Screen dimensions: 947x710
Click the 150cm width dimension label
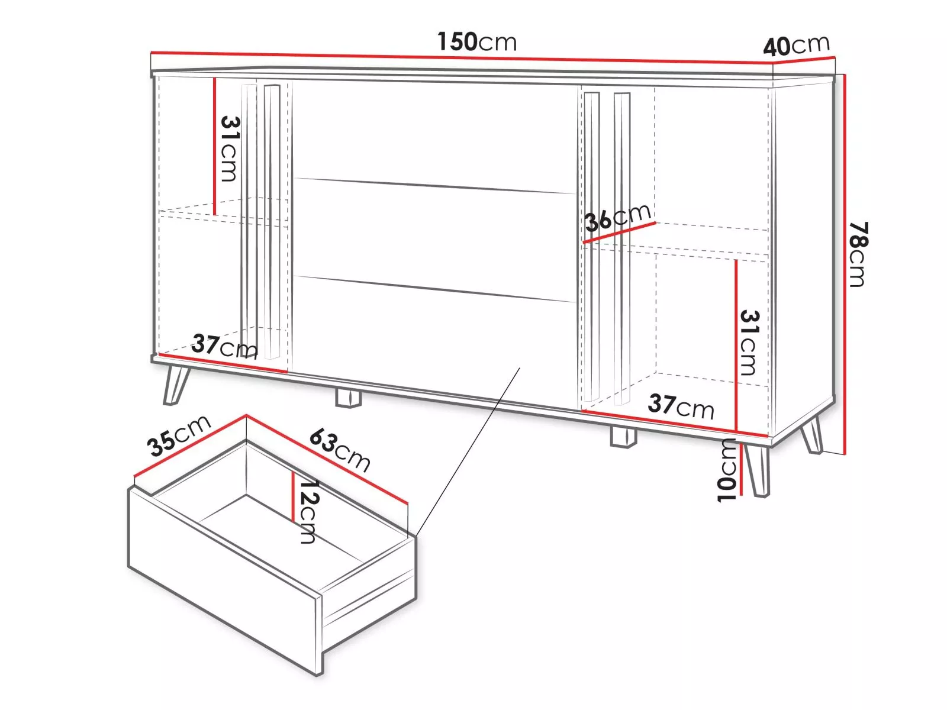point(476,42)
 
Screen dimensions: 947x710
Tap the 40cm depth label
point(796,46)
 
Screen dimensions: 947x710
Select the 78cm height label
point(858,254)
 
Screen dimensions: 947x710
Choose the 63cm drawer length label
point(340,450)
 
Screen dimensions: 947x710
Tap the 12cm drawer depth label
point(308,512)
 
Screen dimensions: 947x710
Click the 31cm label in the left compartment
point(230,149)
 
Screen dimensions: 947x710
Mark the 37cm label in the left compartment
point(224,346)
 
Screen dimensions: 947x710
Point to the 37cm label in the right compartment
point(681,406)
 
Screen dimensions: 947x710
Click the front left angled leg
point(176,385)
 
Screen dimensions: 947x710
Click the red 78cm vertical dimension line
point(845,264)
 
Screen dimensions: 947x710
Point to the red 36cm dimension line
point(619,233)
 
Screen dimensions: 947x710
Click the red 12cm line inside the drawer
point(293,496)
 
